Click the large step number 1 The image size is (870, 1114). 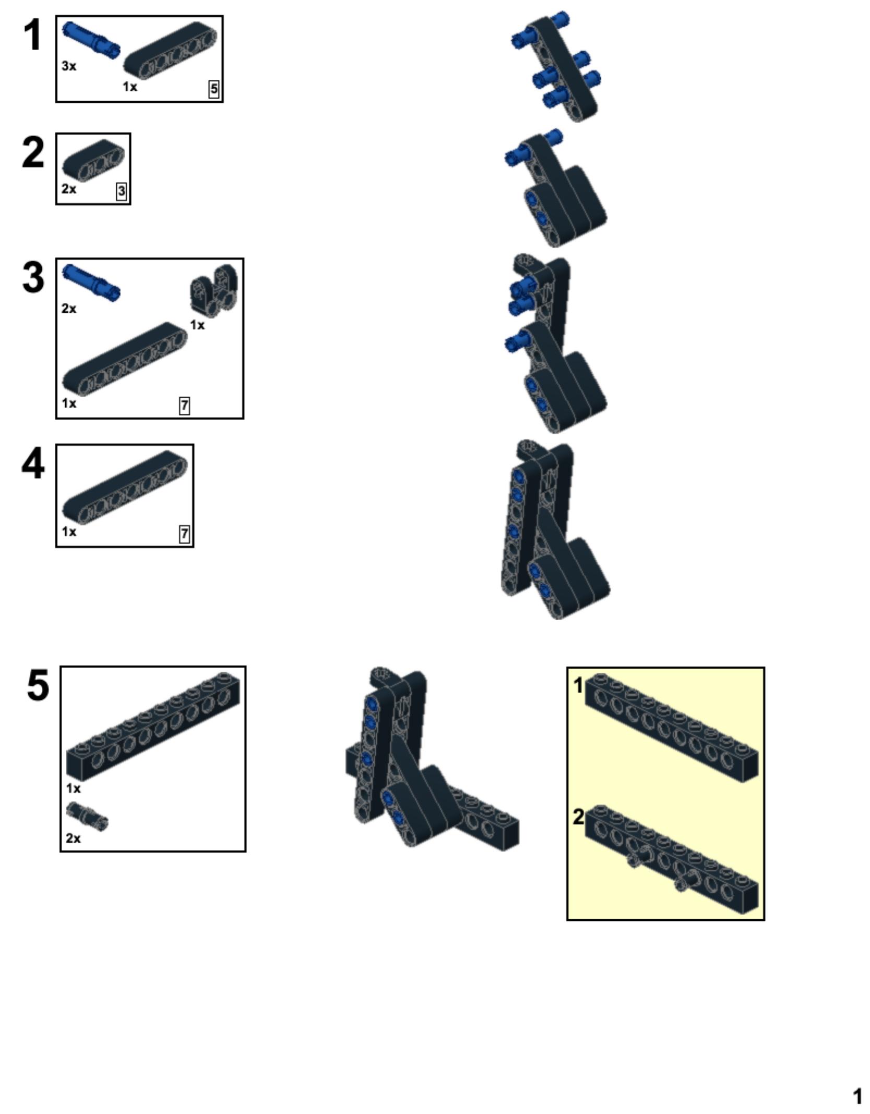click(33, 35)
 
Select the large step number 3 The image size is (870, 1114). click(33, 278)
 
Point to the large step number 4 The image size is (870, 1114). click(33, 464)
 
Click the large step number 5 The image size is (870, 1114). click(38, 685)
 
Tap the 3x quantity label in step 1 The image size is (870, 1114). click(69, 66)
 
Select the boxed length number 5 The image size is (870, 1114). click(214, 89)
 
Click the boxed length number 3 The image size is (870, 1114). click(122, 192)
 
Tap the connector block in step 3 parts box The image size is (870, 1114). click(214, 290)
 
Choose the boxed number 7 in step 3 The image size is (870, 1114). click(184, 406)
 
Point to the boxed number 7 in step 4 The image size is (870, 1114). click(184, 534)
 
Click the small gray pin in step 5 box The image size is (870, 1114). click(87, 816)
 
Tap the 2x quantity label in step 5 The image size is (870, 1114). click(74, 838)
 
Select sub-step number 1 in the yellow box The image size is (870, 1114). click(578, 685)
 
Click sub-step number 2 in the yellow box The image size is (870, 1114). click(578, 816)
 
